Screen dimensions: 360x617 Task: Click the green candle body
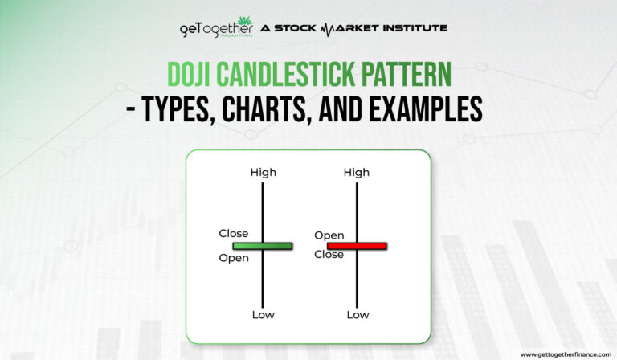[x=263, y=246]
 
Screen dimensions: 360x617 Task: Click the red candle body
[x=357, y=246]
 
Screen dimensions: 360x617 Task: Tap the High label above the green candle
[x=263, y=172]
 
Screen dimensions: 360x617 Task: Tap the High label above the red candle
[x=357, y=172]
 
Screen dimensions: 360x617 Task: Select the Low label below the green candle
[x=263, y=314]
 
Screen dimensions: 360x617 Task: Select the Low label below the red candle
[x=358, y=314]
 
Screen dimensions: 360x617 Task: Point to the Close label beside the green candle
[x=234, y=234]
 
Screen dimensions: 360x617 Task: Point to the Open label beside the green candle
[x=234, y=258]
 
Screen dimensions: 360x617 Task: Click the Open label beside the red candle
[x=329, y=235]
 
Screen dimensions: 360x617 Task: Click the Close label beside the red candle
[x=329, y=255]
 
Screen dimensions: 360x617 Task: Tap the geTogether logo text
[x=210, y=29]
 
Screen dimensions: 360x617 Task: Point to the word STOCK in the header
[x=295, y=28]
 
